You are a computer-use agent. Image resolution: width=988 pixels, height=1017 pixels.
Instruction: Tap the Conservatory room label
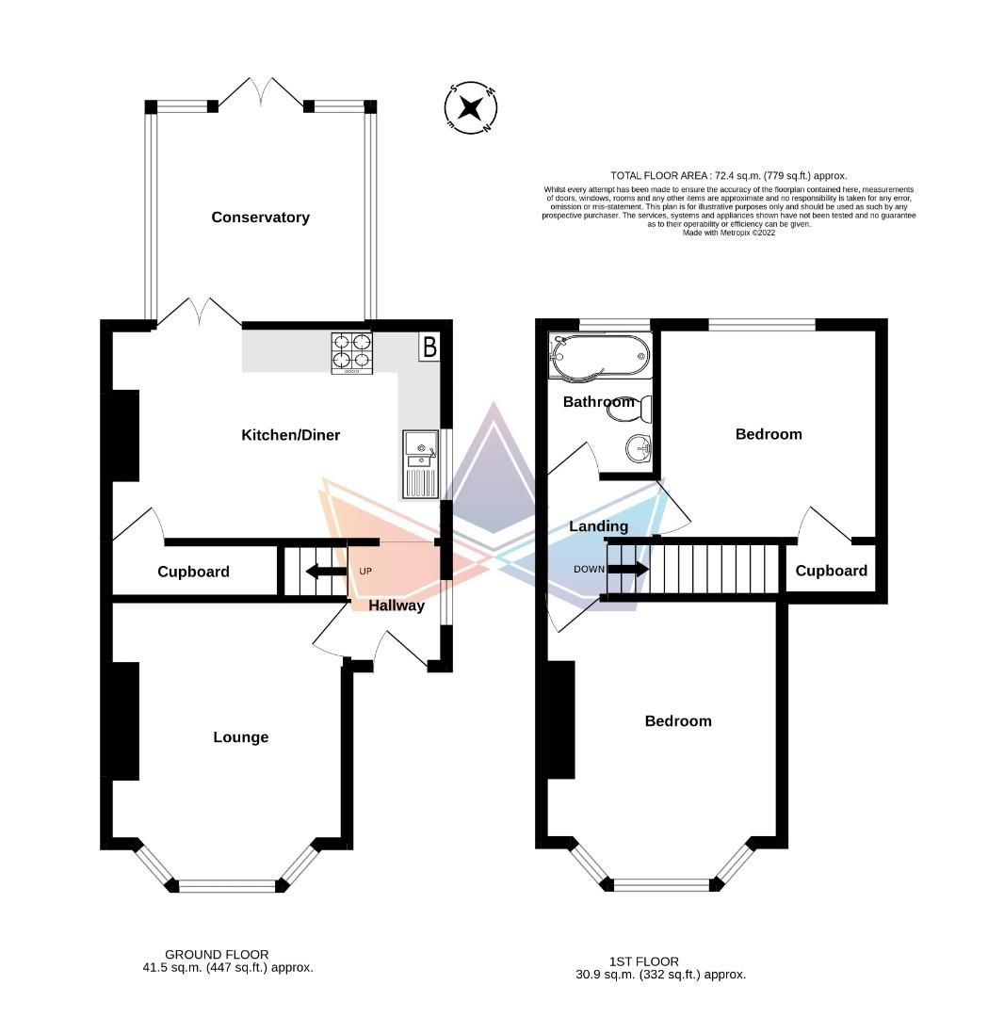coord(260,218)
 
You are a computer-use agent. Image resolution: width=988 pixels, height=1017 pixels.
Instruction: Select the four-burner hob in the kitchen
coord(351,353)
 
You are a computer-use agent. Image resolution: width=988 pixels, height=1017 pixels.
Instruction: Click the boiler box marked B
coord(429,347)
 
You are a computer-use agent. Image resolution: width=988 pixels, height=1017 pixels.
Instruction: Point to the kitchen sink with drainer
coord(419,463)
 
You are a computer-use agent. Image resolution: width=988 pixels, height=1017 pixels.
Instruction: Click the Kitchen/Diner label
coord(291,435)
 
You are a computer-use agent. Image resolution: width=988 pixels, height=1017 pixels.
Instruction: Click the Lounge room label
coord(240,737)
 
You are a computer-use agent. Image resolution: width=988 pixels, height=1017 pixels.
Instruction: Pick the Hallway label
coord(396,605)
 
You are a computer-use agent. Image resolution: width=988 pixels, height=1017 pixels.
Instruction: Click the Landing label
coord(598,526)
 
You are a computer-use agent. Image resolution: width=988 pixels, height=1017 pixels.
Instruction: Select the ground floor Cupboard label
coord(193,572)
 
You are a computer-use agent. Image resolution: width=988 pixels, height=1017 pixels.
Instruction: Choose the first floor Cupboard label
coord(831,571)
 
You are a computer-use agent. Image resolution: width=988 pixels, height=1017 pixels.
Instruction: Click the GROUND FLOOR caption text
coord(218,954)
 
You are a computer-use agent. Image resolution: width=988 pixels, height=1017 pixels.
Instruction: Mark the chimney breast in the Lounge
coord(125,720)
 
